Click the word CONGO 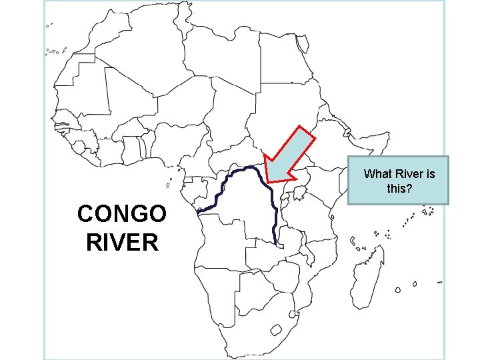tap(122, 215)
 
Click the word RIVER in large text tap(122, 241)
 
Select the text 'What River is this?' tap(399, 181)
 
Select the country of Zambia tap(273, 250)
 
